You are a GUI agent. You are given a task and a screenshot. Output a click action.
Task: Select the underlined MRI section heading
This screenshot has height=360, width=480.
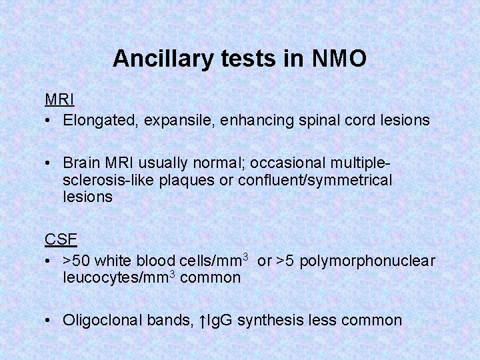[x=59, y=100]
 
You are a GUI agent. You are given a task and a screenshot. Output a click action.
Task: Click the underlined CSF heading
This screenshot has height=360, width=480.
[x=61, y=239]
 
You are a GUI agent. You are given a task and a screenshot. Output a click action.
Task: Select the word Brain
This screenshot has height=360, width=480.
[x=81, y=163]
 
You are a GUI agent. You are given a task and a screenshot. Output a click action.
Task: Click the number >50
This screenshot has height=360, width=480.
[x=77, y=261]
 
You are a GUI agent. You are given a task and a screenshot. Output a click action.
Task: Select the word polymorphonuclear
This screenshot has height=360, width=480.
[x=367, y=261]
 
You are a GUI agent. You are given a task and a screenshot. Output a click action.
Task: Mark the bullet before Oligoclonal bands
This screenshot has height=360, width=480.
[x=49, y=321]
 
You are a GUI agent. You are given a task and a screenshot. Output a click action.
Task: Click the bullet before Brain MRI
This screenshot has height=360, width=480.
[x=49, y=163]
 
